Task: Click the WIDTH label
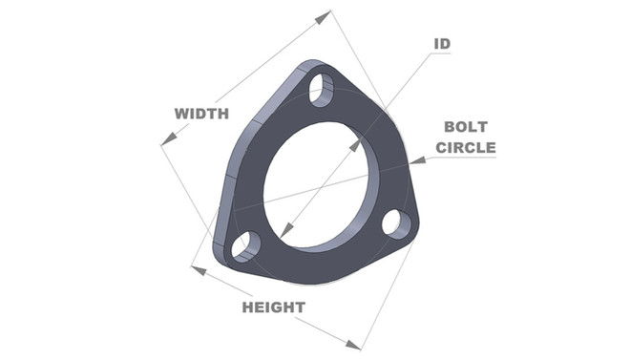click(x=201, y=114)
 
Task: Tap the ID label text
click(x=442, y=44)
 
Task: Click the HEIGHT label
click(x=273, y=307)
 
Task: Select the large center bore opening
click(x=321, y=181)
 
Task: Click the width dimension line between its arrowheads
click(x=246, y=77)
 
